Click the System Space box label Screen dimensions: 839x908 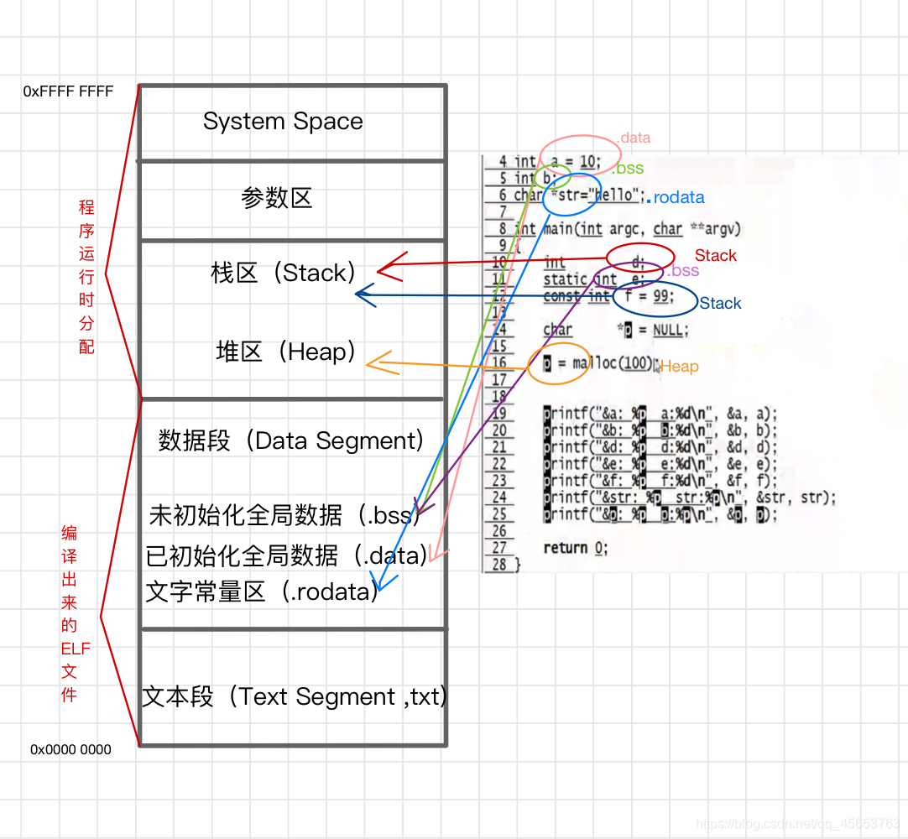click(x=283, y=122)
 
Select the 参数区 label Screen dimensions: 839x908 click(x=276, y=199)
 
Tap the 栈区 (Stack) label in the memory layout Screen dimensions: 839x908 click(x=284, y=273)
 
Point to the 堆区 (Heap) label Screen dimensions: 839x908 click(x=286, y=352)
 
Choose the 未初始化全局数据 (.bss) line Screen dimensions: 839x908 click(x=283, y=515)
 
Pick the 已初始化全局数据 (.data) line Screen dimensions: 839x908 click(x=285, y=555)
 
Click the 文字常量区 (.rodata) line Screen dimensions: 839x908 click(x=261, y=591)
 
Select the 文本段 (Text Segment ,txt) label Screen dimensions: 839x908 click(x=294, y=696)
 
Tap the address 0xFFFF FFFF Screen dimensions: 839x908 click(x=68, y=91)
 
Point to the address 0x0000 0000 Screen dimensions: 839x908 click(x=70, y=749)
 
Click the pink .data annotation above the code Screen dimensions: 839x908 click(x=634, y=138)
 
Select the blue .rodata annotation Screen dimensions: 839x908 click(x=678, y=198)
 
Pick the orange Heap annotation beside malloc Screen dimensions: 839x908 click(x=680, y=367)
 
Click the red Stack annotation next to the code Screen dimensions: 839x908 click(x=715, y=256)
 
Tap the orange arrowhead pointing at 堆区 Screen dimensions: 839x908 click(x=375, y=362)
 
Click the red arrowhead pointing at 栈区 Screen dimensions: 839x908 click(x=387, y=268)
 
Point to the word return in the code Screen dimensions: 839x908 click(x=565, y=548)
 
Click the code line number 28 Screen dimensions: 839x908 click(x=499, y=564)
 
